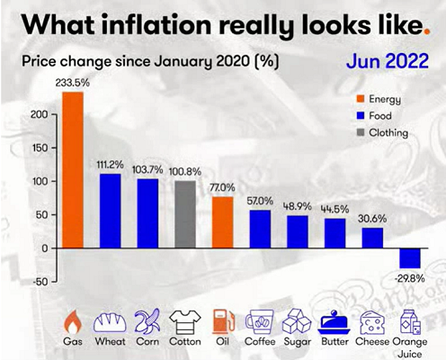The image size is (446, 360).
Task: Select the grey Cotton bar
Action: [x=184, y=214]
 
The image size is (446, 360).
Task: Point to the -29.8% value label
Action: [x=410, y=277]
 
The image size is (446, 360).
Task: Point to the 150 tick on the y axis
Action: [x=37, y=148]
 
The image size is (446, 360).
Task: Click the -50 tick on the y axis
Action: [x=37, y=281]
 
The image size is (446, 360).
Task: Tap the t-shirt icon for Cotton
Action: [x=184, y=321]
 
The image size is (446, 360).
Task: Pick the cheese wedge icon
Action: [x=372, y=321]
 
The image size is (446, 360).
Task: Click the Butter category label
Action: [x=334, y=343]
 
